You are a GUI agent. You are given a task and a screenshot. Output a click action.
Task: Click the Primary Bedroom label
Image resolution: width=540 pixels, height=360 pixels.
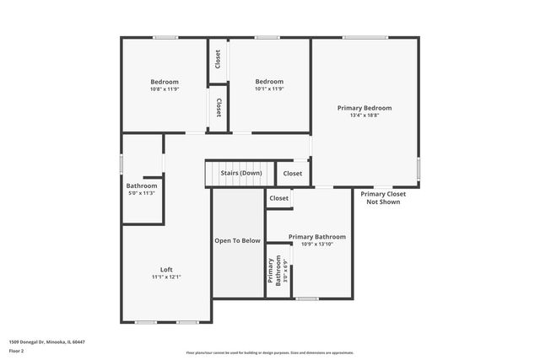pyautogui.click(x=364, y=108)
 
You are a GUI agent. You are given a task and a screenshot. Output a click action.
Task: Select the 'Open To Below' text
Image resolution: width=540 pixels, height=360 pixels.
pyautogui.click(x=237, y=240)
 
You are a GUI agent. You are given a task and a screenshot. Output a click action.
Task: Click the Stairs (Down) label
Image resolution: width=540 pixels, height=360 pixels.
pyautogui.click(x=241, y=173)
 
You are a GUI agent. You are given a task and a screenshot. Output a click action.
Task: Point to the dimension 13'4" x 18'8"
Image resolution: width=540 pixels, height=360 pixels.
pyautogui.click(x=364, y=116)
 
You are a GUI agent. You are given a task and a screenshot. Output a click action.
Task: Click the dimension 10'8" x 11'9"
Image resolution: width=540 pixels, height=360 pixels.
pyautogui.click(x=165, y=89)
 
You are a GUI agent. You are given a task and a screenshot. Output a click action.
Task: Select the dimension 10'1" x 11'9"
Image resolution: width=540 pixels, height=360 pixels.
pyautogui.click(x=270, y=89)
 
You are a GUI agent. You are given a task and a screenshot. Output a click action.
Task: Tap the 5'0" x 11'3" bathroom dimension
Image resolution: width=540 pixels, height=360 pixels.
pyautogui.click(x=142, y=193)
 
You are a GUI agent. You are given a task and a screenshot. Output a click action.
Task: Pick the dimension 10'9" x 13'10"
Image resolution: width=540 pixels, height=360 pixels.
pyautogui.click(x=317, y=244)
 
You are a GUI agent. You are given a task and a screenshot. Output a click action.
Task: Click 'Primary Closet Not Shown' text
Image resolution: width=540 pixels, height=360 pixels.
pyautogui.click(x=384, y=198)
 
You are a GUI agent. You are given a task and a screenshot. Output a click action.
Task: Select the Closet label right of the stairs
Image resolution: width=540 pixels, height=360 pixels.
pyautogui.click(x=292, y=173)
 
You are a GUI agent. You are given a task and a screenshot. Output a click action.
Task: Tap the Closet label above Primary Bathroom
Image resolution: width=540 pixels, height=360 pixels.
pyautogui.click(x=279, y=198)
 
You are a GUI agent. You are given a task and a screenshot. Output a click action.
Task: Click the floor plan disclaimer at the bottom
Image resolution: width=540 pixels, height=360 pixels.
pyautogui.click(x=270, y=352)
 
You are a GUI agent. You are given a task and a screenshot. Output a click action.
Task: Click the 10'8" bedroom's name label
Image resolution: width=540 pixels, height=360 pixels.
pyautogui.click(x=165, y=82)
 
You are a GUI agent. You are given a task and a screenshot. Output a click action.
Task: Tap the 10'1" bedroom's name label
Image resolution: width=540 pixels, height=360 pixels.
pyautogui.click(x=270, y=82)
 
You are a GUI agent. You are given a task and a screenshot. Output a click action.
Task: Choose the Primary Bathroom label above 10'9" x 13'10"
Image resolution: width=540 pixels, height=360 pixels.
pyautogui.click(x=317, y=237)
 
